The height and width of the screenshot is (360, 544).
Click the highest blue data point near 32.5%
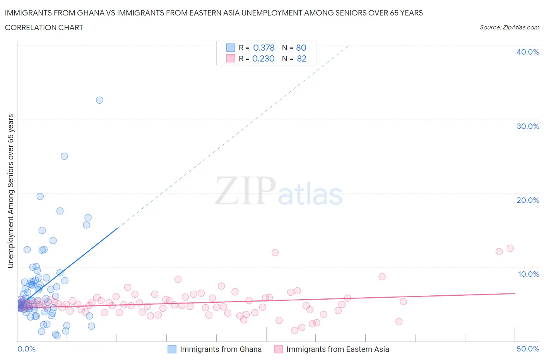tap(99, 100)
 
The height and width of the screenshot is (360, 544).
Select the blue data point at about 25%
tap(64, 156)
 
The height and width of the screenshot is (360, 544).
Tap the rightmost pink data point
tap(510, 248)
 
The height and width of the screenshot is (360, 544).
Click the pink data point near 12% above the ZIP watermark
tap(275, 253)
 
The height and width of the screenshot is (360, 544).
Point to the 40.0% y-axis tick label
tap(527, 52)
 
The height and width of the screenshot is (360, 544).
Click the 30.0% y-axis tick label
tap(527, 126)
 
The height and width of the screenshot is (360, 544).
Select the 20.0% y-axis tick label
tap(527, 200)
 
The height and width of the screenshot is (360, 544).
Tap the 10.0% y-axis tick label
tap(528, 274)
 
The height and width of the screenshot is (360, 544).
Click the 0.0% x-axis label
tap(26, 349)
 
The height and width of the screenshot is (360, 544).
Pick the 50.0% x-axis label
tap(527, 349)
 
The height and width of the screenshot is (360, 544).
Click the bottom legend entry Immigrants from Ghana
tap(221, 349)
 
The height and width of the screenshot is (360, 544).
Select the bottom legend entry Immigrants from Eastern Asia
tap(337, 349)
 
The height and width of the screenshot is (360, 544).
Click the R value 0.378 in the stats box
tap(263, 48)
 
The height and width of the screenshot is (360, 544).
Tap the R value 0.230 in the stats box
tap(263, 58)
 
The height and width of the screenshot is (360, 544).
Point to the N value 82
tap(301, 58)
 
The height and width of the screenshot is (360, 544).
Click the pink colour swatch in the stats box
tap(231, 58)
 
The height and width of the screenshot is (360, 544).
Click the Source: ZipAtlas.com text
tap(509, 27)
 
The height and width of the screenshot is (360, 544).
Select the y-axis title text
tap(10, 191)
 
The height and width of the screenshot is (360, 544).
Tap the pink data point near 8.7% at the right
tap(382, 277)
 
